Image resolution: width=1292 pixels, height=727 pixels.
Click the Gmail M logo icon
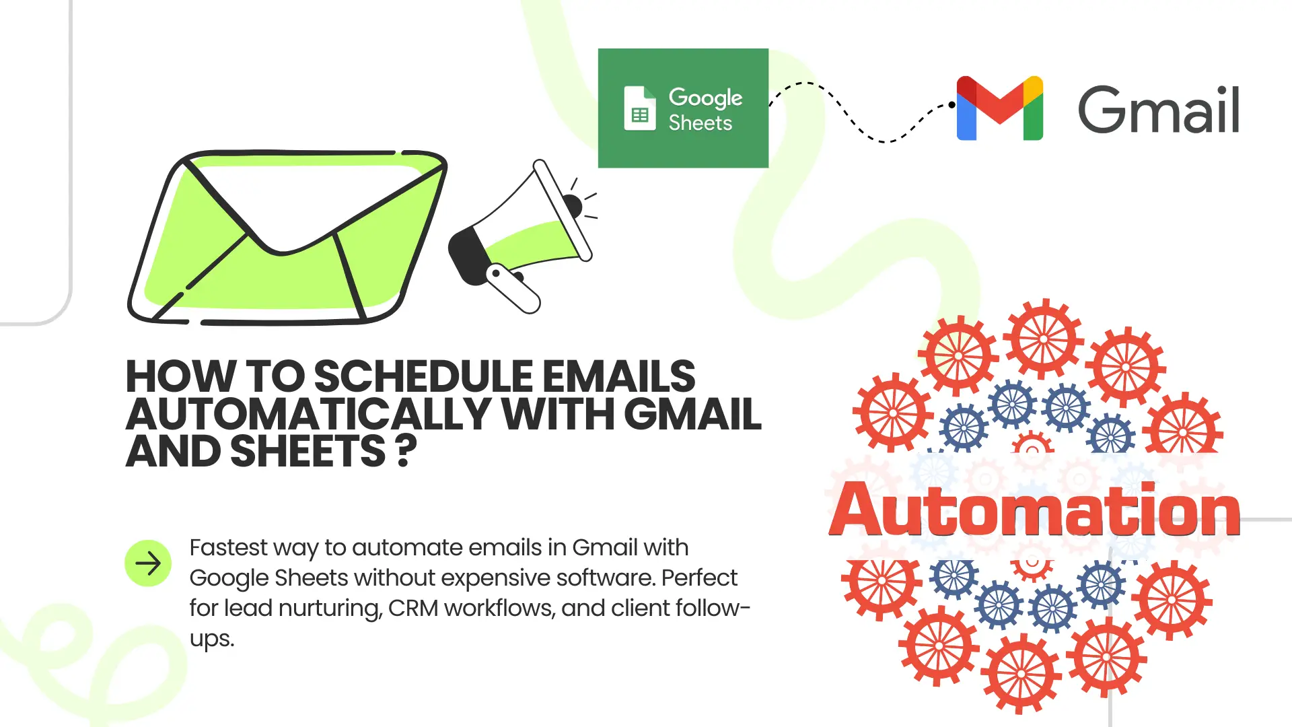(x=1000, y=108)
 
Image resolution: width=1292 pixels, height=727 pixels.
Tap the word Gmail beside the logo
(x=1158, y=110)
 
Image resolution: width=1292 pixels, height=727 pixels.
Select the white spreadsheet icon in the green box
(x=639, y=108)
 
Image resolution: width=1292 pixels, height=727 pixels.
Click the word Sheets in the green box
(x=700, y=123)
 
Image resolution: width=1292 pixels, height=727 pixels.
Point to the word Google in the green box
(x=705, y=98)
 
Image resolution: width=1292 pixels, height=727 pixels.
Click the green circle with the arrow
(x=148, y=563)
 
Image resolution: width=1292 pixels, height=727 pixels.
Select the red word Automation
(x=1034, y=510)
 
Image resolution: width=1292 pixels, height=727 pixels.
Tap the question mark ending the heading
(x=406, y=452)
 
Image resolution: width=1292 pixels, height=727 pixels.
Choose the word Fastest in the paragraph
(x=229, y=548)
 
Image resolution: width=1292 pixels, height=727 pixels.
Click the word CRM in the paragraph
(x=412, y=609)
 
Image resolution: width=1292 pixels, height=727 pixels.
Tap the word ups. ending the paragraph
(x=212, y=639)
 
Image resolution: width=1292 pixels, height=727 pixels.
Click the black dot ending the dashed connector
(x=952, y=105)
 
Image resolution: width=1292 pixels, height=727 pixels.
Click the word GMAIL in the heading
(x=693, y=414)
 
